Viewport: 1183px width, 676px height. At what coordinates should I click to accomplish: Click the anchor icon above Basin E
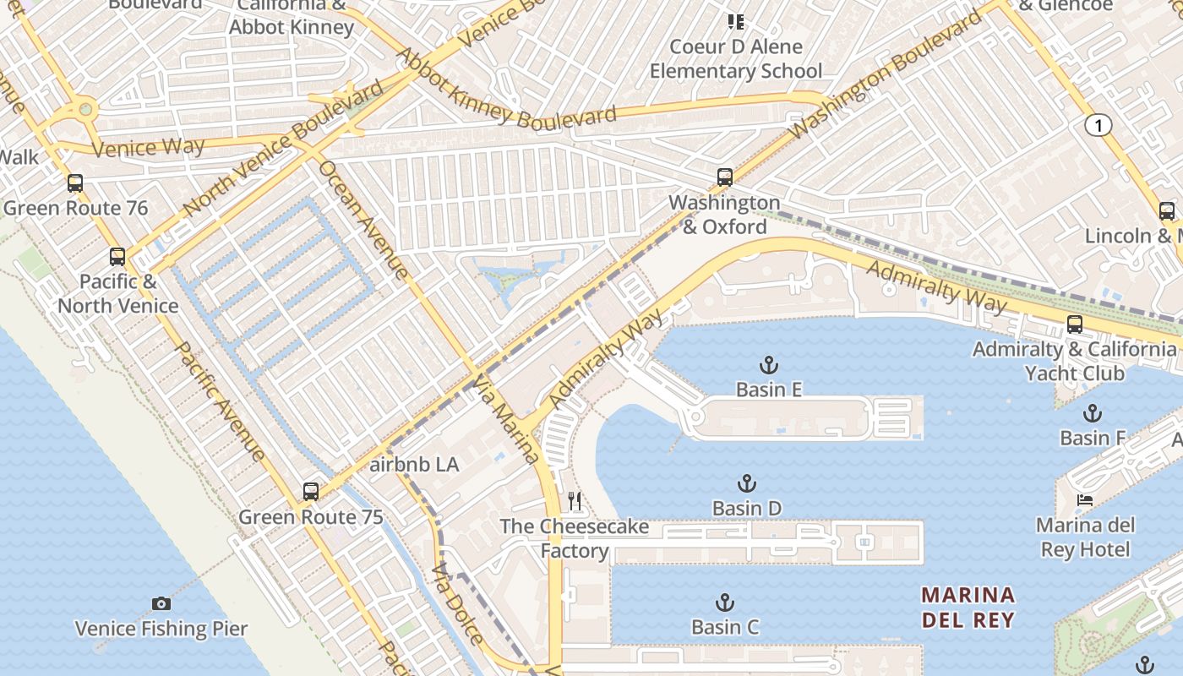coord(768,365)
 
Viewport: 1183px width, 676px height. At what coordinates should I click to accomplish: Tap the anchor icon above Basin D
coord(746,483)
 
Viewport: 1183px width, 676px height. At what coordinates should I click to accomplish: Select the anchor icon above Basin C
coord(724,602)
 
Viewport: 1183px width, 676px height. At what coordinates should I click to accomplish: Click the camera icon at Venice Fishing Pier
coord(161,603)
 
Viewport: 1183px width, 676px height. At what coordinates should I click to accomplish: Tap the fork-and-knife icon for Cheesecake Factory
coord(575,501)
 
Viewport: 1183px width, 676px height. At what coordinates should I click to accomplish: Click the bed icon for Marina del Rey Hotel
coord(1084,500)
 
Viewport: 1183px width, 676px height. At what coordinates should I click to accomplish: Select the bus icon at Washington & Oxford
coord(724,177)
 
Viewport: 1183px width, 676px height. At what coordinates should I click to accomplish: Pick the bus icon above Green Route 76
coord(75,183)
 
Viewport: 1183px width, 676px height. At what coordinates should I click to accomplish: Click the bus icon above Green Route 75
coord(310,491)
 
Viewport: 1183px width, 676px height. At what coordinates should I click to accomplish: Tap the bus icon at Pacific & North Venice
coord(117,256)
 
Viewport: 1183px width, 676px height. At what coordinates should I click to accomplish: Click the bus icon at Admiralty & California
coord(1074,324)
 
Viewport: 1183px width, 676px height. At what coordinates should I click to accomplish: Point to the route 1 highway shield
coord(1098,126)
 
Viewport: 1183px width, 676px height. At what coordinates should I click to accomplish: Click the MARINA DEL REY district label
coord(968,608)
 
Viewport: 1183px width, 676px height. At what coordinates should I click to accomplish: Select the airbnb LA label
coord(414,465)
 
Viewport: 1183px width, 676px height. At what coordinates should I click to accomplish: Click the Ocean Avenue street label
coord(364,219)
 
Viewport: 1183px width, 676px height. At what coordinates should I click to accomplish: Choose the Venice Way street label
coord(148,148)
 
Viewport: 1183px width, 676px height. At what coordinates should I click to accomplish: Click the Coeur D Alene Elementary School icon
coord(736,21)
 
